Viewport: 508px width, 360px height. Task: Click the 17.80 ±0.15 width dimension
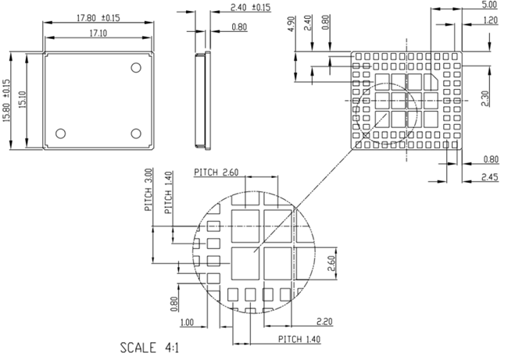(x=98, y=16)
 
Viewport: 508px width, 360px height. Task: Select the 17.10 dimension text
(x=98, y=34)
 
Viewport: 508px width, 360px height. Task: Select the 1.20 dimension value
(x=490, y=20)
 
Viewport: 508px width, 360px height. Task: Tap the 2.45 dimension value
(x=491, y=177)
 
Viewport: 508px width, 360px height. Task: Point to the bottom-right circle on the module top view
(x=135, y=133)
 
